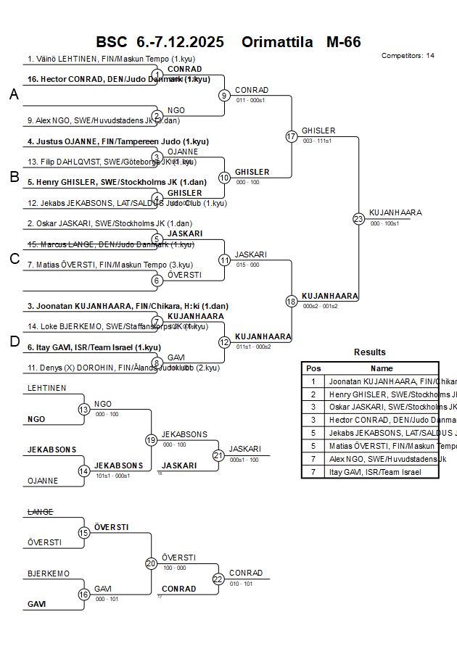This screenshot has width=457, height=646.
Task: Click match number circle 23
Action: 358,218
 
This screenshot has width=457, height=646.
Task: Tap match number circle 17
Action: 292,136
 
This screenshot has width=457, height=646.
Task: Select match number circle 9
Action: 225,95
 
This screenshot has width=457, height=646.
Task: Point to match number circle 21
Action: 218,455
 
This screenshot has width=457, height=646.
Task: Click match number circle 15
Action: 84,533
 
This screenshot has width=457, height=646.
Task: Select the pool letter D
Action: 14,341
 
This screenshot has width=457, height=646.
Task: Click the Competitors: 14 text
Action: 408,56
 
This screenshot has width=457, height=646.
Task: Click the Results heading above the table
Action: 370,352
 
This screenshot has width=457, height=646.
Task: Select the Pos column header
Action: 313,368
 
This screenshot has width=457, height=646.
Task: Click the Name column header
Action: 382,368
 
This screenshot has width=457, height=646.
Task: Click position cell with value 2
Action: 313,394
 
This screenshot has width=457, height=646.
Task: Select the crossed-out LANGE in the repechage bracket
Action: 40,512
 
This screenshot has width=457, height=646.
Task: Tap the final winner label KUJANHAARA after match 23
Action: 395,212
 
